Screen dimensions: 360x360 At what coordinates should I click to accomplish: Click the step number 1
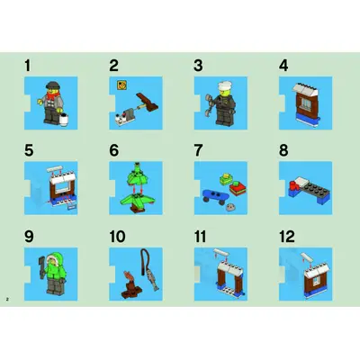click(28, 66)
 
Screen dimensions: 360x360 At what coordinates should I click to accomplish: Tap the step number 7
click(198, 150)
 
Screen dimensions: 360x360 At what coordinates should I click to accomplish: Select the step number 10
click(117, 237)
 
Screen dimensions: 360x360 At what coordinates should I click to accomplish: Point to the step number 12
click(287, 237)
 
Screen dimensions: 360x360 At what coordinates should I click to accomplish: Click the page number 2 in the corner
click(7, 299)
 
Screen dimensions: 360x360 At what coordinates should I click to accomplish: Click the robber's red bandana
click(53, 95)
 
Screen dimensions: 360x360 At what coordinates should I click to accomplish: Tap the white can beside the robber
click(64, 120)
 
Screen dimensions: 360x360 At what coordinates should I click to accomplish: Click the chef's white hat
click(224, 85)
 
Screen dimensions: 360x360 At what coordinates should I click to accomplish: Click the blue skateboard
click(216, 196)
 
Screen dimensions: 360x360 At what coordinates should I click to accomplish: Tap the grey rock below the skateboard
click(230, 206)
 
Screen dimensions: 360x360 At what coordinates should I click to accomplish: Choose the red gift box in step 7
click(238, 189)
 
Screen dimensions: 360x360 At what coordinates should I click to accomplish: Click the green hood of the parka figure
click(54, 257)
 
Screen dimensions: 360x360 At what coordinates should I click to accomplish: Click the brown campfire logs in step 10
click(131, 292)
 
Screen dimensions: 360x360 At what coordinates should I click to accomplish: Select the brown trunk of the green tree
click(137, 210)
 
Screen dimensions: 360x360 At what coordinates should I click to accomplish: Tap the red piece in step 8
click(293, 186)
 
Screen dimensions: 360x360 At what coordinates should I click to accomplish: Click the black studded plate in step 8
click(315, 189)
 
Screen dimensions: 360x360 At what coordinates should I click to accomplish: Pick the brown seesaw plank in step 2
click(148, 102)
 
